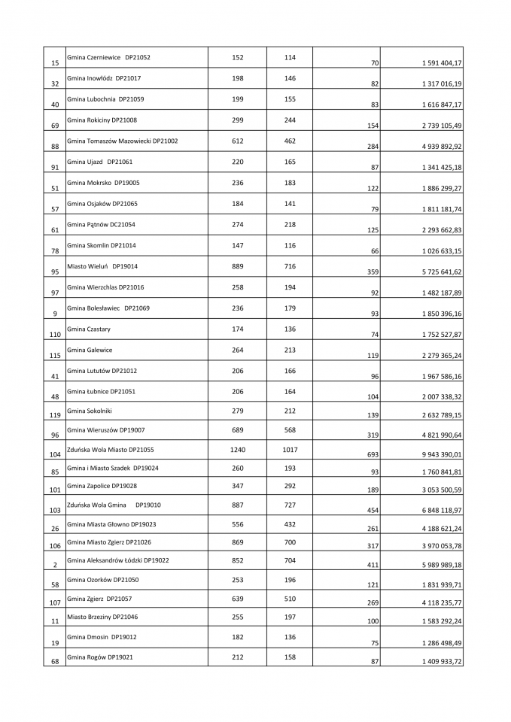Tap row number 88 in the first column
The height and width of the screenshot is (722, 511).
coord(55,146)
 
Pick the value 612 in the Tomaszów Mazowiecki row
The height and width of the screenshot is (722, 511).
coord(238,141)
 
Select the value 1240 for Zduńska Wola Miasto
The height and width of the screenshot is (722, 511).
coord(238,450)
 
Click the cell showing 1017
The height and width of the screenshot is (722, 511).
coord(290,450)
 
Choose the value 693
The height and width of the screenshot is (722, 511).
coord(373,456)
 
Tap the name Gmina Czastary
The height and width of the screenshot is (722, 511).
coord(84,329)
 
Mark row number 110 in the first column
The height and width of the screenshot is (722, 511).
coord(55,334)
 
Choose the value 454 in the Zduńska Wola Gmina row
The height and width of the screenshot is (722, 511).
coord(373,510)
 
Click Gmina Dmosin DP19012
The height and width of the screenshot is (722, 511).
coord(102,637)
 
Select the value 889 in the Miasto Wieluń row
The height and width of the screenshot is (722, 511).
coord(238,266)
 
